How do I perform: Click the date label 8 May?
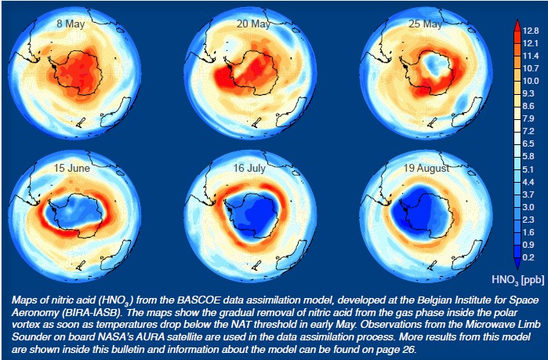[x=70, y=24]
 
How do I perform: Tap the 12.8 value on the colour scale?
[x=530, y=31]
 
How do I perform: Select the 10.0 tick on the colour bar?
[x=530, y=81]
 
